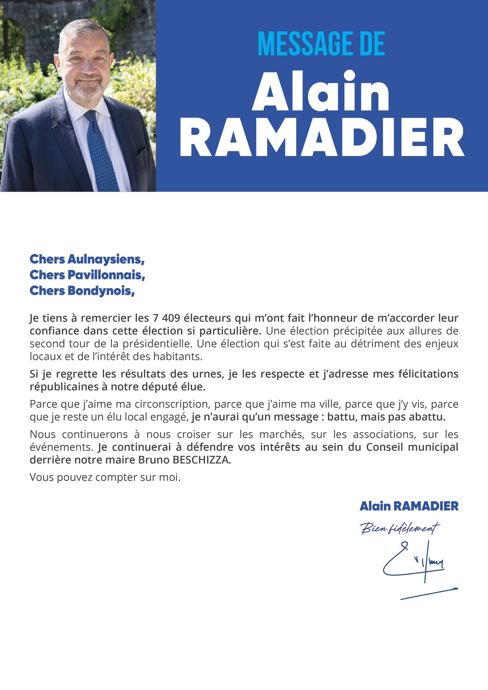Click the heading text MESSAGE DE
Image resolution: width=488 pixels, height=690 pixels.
[x=321, y=44]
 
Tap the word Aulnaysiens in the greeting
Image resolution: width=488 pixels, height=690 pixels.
[x=106, y=259]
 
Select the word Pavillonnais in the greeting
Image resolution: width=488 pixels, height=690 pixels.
[x=106, y=275]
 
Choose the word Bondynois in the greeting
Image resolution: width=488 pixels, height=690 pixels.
[x=101, y=290]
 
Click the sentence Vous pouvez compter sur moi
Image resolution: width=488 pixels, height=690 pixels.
[x=105, y=477]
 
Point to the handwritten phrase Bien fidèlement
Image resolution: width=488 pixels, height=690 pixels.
[x=400, y=528]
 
